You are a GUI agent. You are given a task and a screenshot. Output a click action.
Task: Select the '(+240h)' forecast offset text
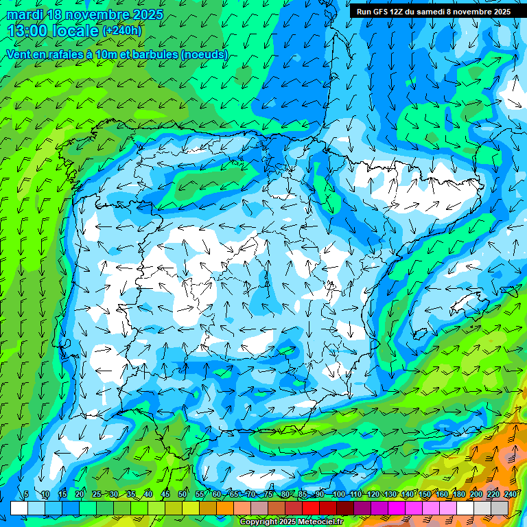point(121,31)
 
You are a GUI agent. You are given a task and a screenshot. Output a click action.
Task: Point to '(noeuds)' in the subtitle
point(204,54)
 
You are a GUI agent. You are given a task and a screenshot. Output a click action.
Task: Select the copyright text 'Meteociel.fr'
point(317,522)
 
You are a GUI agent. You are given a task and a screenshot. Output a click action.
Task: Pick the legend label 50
point(183,495)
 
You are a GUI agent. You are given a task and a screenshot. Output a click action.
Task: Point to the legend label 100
point(338,495)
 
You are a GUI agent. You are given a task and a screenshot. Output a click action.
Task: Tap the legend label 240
point(511,495)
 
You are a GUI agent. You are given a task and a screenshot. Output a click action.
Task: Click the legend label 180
point(458,495)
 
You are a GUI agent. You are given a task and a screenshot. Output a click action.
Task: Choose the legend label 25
point(96,495)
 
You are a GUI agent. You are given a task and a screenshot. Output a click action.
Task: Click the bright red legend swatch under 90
point(311,508)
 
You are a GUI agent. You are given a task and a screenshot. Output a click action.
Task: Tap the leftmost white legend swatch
point(19,508)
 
